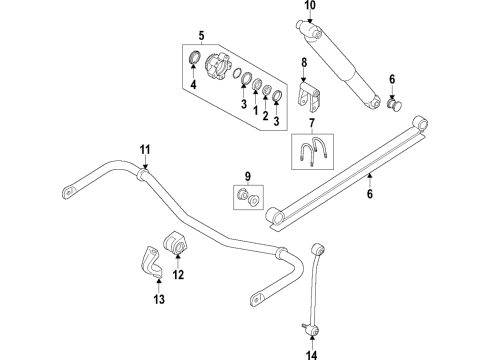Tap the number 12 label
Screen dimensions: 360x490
pyautogui.click(x=179, y=275)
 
